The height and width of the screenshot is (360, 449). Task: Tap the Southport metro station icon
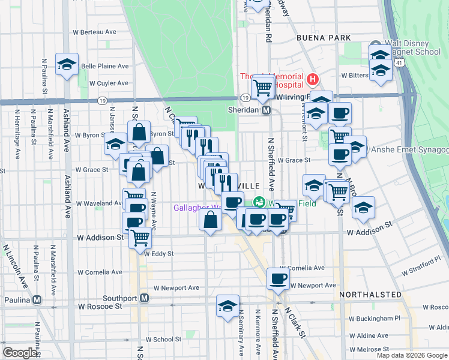click(144, 298)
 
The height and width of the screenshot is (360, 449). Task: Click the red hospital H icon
click(312, 79)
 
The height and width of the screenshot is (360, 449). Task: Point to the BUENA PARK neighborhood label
click(323, 37)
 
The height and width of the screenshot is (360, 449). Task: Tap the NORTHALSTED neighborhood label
click(370, 295)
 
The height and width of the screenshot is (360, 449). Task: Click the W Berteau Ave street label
click(94, 32)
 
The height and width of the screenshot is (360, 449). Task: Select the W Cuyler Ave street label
click(109, 83)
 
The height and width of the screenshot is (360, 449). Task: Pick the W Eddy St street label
click(158, 254)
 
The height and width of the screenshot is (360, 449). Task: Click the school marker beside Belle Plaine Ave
click(67, 64)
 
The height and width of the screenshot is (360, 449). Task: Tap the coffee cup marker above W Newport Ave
click(279, 278)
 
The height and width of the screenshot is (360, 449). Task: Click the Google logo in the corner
click(20, 353)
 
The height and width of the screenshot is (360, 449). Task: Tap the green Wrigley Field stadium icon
click(260, 202)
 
